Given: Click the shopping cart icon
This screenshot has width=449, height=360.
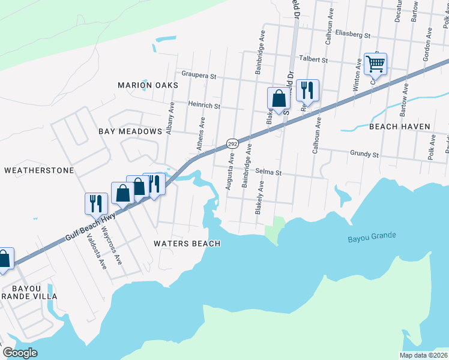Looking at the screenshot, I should coord(375,63).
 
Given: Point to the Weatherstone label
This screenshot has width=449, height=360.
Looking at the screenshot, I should coord(39,170).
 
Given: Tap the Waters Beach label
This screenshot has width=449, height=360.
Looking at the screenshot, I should coord(187,244).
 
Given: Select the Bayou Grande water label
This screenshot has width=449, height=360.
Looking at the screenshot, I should coord(372,238).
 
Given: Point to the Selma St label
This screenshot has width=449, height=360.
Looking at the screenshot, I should coord(268,172).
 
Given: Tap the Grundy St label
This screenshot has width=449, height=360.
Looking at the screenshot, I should coord(364,154).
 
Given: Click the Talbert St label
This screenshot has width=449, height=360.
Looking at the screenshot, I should coord(314,60).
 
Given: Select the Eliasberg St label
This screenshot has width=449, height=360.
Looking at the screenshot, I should coord(353,35).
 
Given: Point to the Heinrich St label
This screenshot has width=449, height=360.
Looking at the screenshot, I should coord(205,106).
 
